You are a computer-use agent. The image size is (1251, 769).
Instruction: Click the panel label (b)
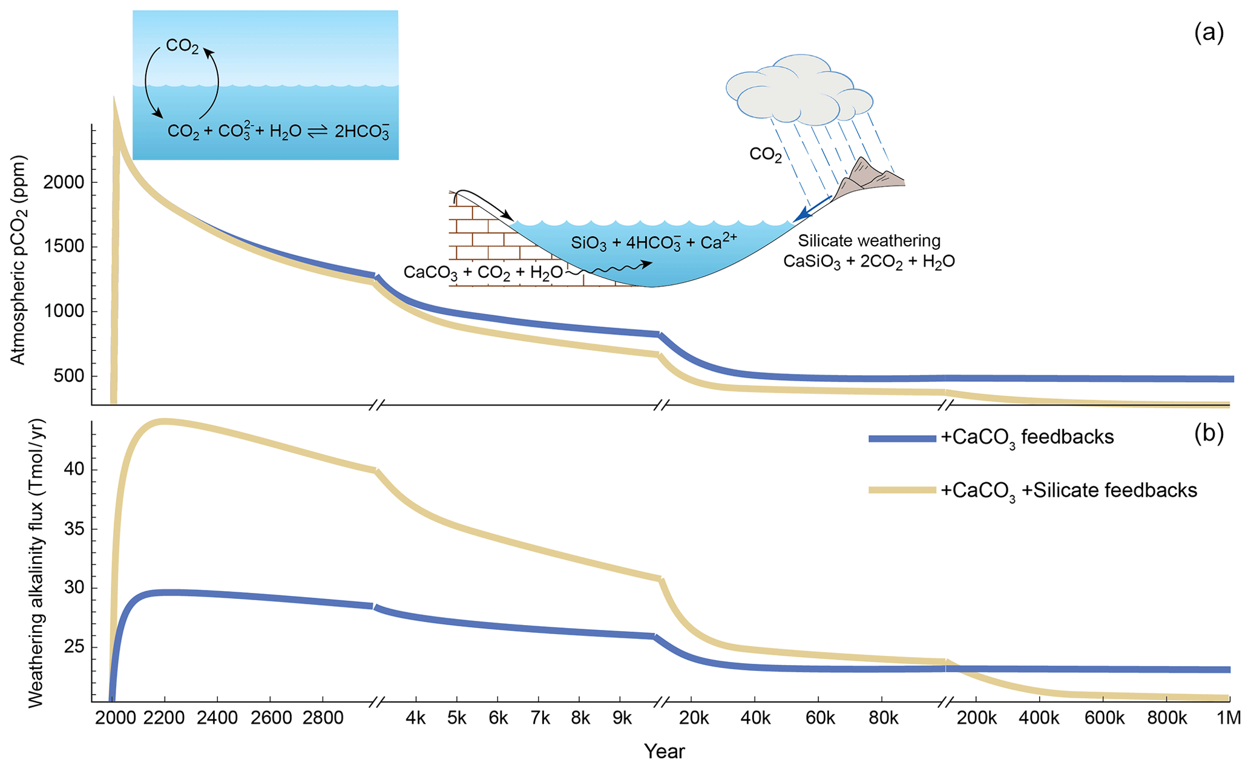(1208, 433)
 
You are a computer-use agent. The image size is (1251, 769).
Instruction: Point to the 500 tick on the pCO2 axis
(68, 376)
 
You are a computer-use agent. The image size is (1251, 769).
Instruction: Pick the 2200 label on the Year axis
(164, 718)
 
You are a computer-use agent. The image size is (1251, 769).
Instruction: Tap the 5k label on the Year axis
(456, 718)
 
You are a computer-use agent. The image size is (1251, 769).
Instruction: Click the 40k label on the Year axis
(756, 718)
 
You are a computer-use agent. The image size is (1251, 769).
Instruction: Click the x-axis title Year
(664, 751)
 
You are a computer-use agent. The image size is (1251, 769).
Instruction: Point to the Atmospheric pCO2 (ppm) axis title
(18, 260)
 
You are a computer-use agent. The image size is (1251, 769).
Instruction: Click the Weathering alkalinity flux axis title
(36, 563)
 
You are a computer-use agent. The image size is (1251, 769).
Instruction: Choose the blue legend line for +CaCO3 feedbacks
(902, 439)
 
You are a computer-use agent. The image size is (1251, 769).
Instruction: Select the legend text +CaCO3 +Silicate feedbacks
(1068, 490)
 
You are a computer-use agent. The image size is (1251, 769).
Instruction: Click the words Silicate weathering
(869, 241)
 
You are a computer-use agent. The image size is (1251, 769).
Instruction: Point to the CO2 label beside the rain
(766, 155)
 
